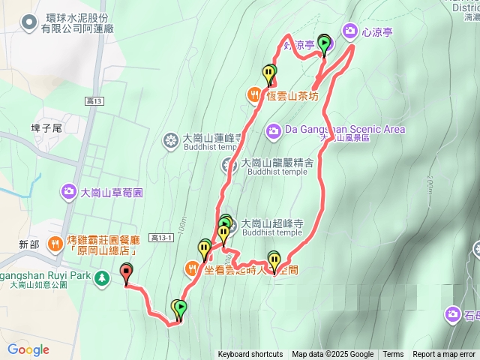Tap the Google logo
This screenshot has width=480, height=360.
28,349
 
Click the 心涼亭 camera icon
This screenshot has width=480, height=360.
350,31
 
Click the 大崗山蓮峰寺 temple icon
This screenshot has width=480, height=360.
171,139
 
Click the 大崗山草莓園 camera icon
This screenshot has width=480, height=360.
69,192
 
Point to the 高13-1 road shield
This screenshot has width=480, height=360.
160,238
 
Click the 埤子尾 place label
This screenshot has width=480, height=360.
46,128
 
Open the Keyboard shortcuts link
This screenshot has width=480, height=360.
250,355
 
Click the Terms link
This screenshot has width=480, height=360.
393,355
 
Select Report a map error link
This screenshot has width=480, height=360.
445,355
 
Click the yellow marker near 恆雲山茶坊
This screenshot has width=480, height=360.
269,73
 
